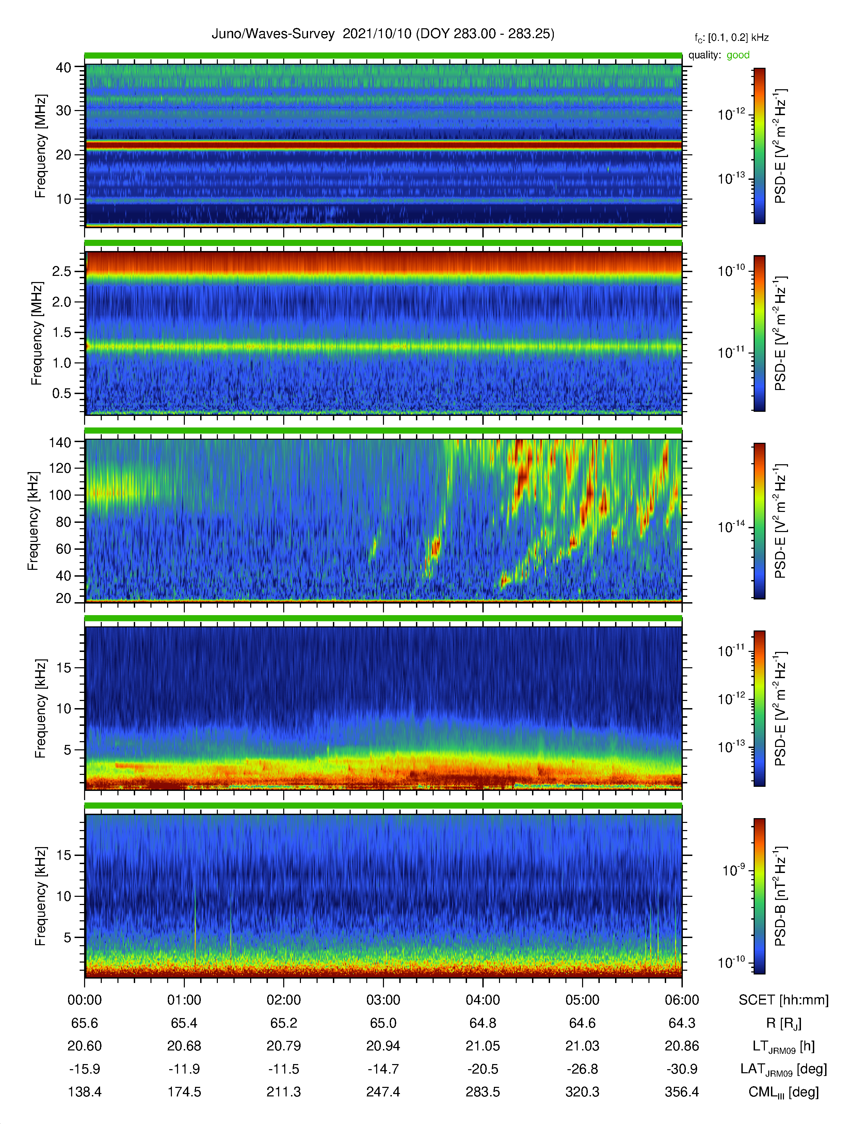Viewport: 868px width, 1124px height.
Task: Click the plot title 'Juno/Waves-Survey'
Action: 273,34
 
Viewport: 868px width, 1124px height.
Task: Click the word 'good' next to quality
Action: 738,55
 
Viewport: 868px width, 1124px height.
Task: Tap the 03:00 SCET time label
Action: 383,1000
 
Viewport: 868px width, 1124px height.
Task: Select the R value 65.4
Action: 184,1023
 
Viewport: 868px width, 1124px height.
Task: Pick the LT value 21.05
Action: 483,1046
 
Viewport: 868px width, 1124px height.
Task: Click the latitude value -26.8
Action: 582,1069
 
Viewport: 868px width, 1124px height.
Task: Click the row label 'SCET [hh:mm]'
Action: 784,1000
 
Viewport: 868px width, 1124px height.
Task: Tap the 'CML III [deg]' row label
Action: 784,1092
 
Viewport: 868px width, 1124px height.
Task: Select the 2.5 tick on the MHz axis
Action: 62,271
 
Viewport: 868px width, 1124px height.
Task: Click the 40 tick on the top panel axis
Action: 63,67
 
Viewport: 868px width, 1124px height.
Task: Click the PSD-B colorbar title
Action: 781,896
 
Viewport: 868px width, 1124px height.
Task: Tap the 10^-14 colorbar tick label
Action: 731,527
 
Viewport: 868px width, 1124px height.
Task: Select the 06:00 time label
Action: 682,1000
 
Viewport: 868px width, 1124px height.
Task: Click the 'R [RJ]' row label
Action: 784,1023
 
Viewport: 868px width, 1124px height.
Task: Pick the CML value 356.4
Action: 682,1092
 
